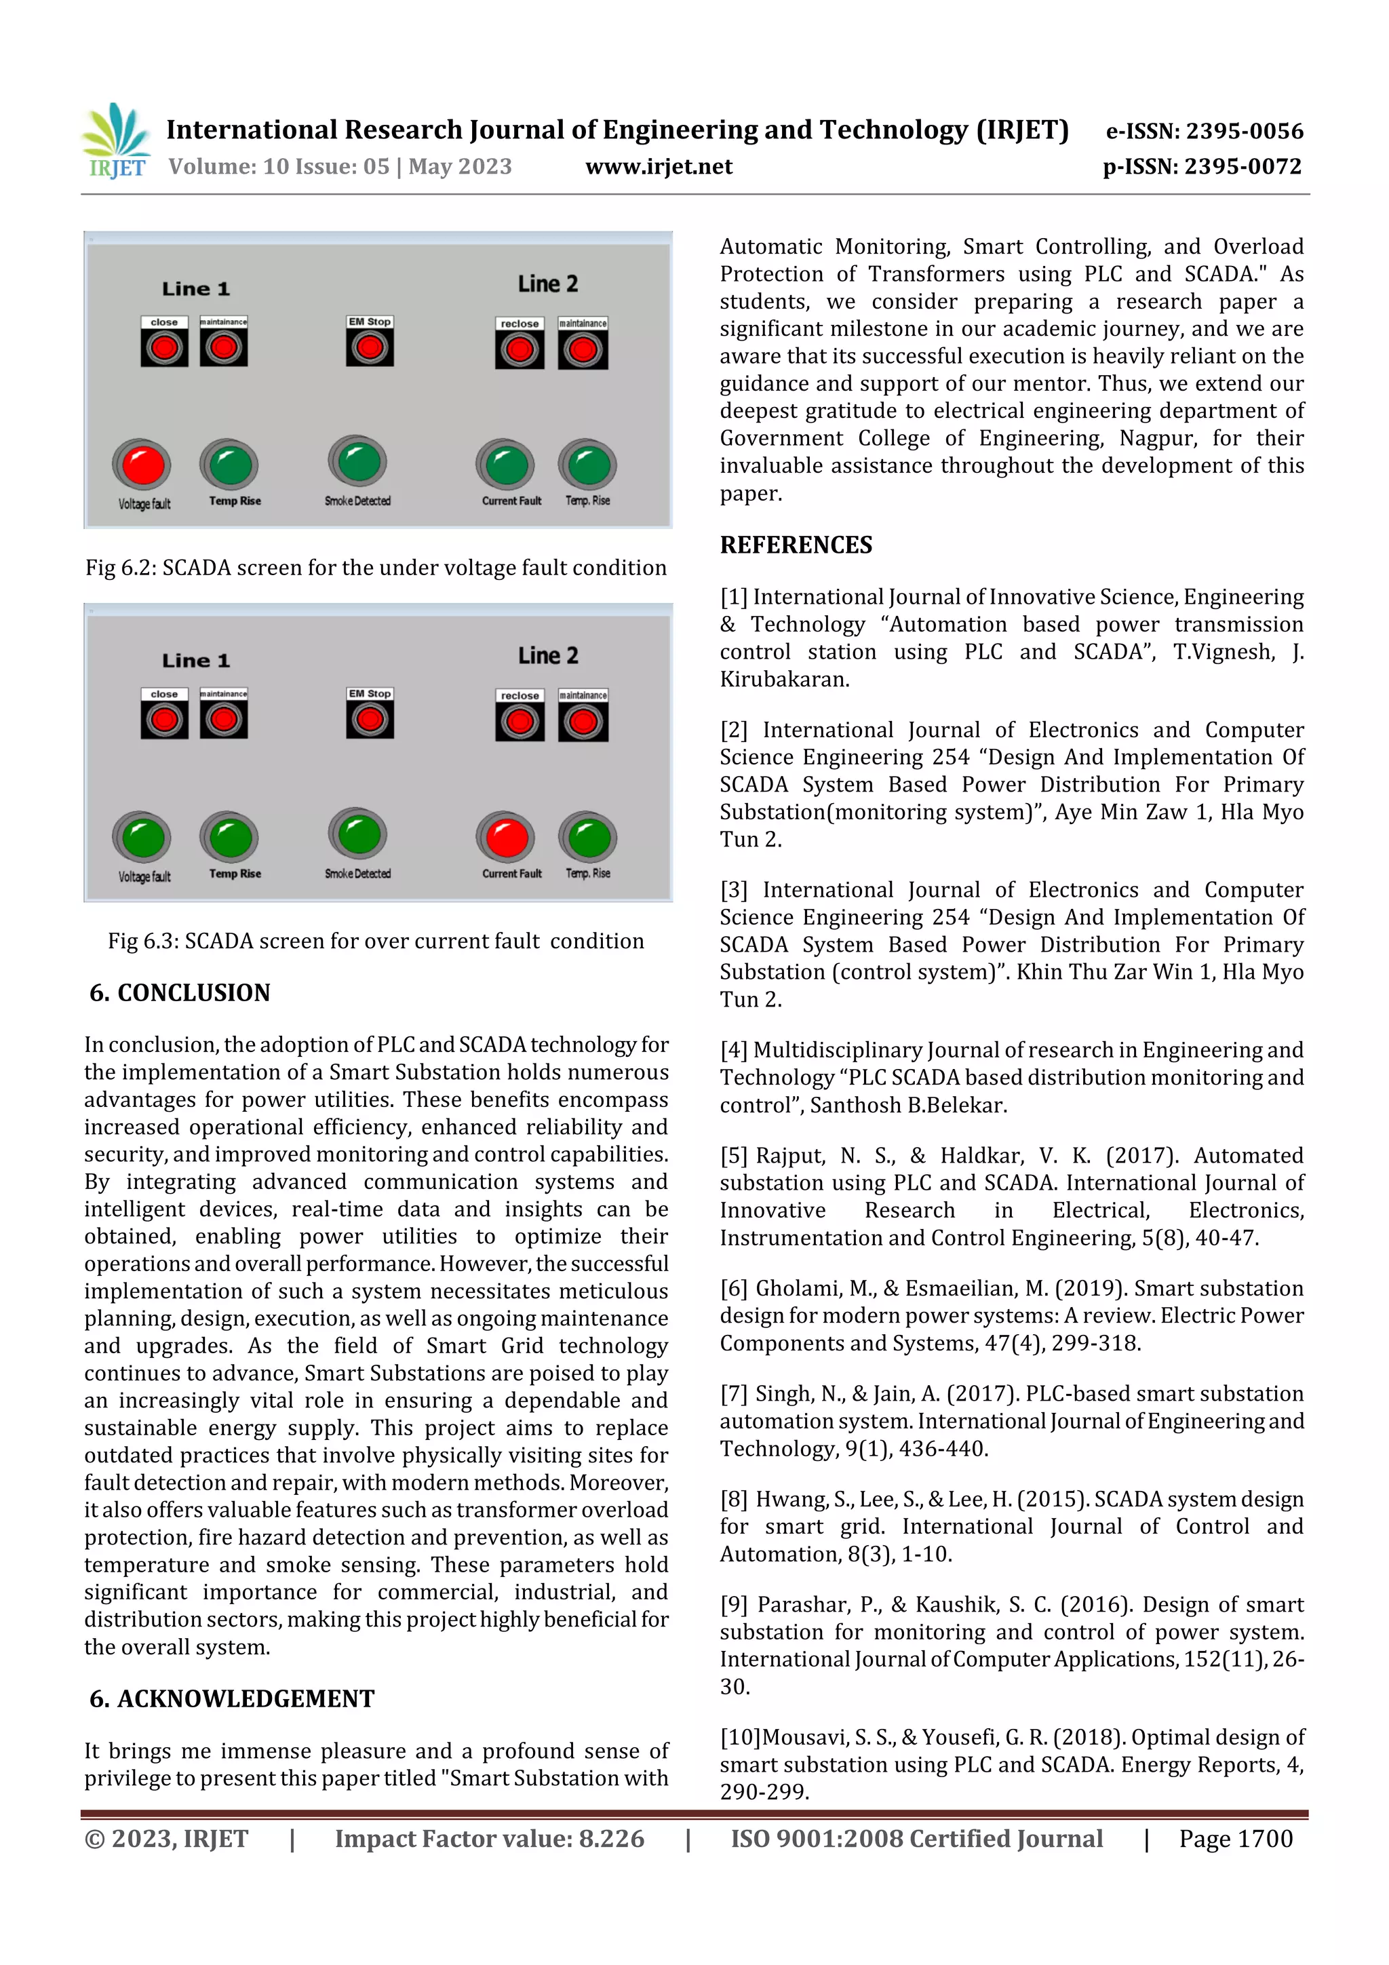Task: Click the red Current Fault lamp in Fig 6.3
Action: point(506,837)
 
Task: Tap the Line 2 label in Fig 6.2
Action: point(548,284)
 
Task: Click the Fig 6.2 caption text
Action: point(376,568)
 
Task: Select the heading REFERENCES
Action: point(796,545)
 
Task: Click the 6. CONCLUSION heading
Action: point(180,993)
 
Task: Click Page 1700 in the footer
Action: point(1235,1838)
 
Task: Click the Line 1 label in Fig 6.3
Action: point(195,660)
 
